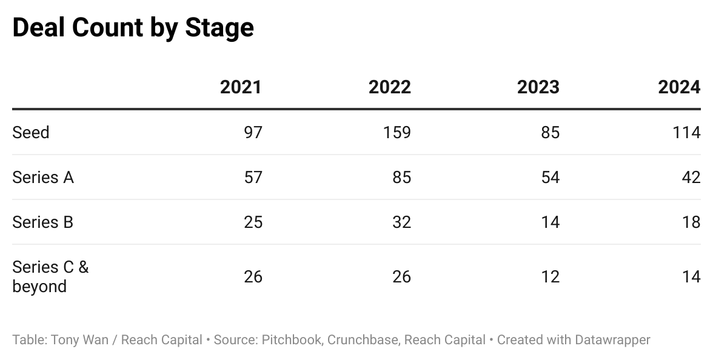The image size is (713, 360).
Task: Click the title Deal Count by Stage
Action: click(133, 28)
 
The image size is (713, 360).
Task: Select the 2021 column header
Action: click(241, 87)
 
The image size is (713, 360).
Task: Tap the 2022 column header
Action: click(389, 87)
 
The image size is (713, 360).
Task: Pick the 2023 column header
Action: click(538, 87)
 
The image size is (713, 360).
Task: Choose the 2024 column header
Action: click(679, 87)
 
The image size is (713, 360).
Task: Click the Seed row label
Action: click(31, 132)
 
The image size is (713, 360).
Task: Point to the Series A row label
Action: click(43, 177)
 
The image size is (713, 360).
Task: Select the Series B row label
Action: click(43, 222)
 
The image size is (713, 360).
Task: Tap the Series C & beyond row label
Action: click(50, 276)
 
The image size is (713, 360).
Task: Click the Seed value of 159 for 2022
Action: click(397, 132)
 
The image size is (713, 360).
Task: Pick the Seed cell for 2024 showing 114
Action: click(686, 132)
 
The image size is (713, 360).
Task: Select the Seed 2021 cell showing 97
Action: click(252, 132)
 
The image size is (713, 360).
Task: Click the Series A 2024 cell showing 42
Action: click(690, 177)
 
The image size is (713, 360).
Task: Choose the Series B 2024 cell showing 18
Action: click(691, 222)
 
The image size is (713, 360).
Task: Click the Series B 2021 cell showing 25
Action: click(252, 222)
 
